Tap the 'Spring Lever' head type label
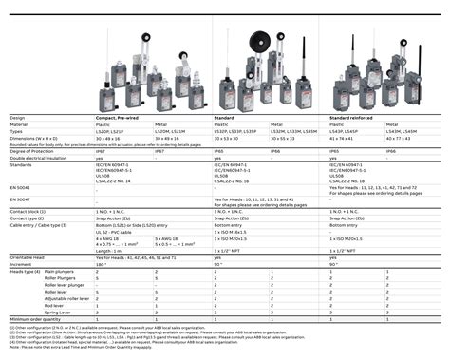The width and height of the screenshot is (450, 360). [58, 311]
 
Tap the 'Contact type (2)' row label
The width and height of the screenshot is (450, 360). [27, 218]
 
